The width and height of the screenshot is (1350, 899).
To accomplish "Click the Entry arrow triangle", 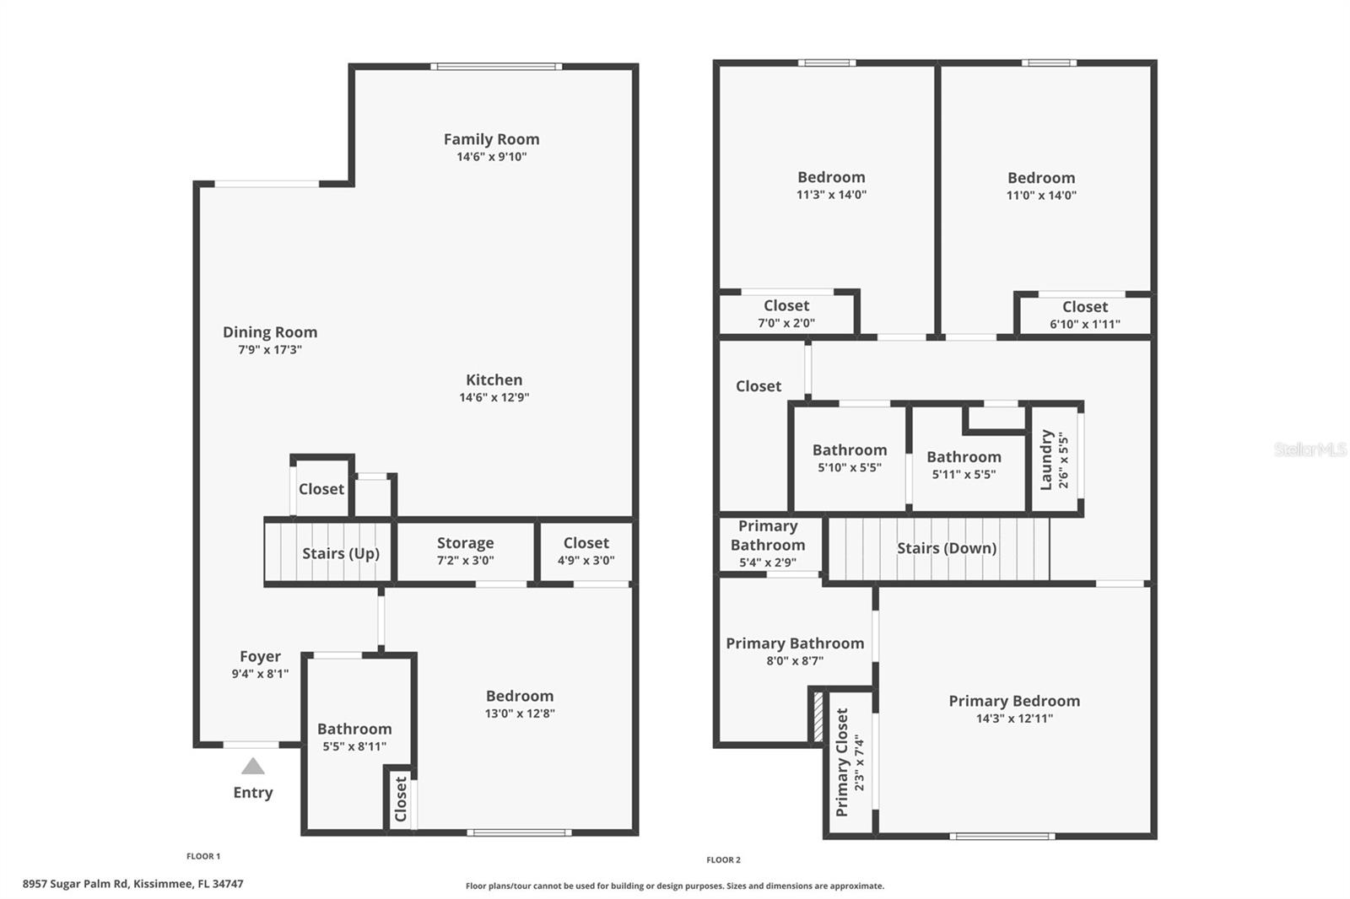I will point(253,767).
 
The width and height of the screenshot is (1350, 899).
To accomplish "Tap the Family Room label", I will point(491,139).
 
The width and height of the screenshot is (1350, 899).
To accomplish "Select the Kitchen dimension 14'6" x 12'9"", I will point(494,397).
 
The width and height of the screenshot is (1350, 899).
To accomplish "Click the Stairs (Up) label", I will point(341,553).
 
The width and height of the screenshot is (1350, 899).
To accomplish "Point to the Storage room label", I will point(465,543).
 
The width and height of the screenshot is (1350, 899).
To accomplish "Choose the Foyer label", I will point(260,656).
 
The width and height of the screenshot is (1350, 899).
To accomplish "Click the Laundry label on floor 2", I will point(1046,460).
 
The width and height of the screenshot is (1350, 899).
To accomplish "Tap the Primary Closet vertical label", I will point(842,762).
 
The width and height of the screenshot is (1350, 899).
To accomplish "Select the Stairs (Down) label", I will point(947,548).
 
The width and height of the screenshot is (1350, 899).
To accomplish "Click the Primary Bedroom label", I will point(1014,701).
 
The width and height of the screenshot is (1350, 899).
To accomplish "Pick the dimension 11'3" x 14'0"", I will point(831,195).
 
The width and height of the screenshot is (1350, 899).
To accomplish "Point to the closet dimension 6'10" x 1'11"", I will point(1085,324).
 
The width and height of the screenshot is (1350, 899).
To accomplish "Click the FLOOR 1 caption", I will point(203,856).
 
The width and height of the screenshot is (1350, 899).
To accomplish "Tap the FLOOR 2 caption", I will point(723,860).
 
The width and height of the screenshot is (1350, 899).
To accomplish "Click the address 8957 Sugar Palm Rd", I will point(132,884).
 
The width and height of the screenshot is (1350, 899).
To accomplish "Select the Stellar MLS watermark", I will point(1309,449).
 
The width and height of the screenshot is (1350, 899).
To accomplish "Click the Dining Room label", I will point(270,332).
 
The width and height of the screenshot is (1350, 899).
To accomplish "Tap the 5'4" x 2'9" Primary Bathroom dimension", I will point(768,563).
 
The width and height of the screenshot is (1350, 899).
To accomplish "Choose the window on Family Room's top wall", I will point(495,67).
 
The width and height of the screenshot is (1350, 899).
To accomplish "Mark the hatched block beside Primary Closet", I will point(817,716).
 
